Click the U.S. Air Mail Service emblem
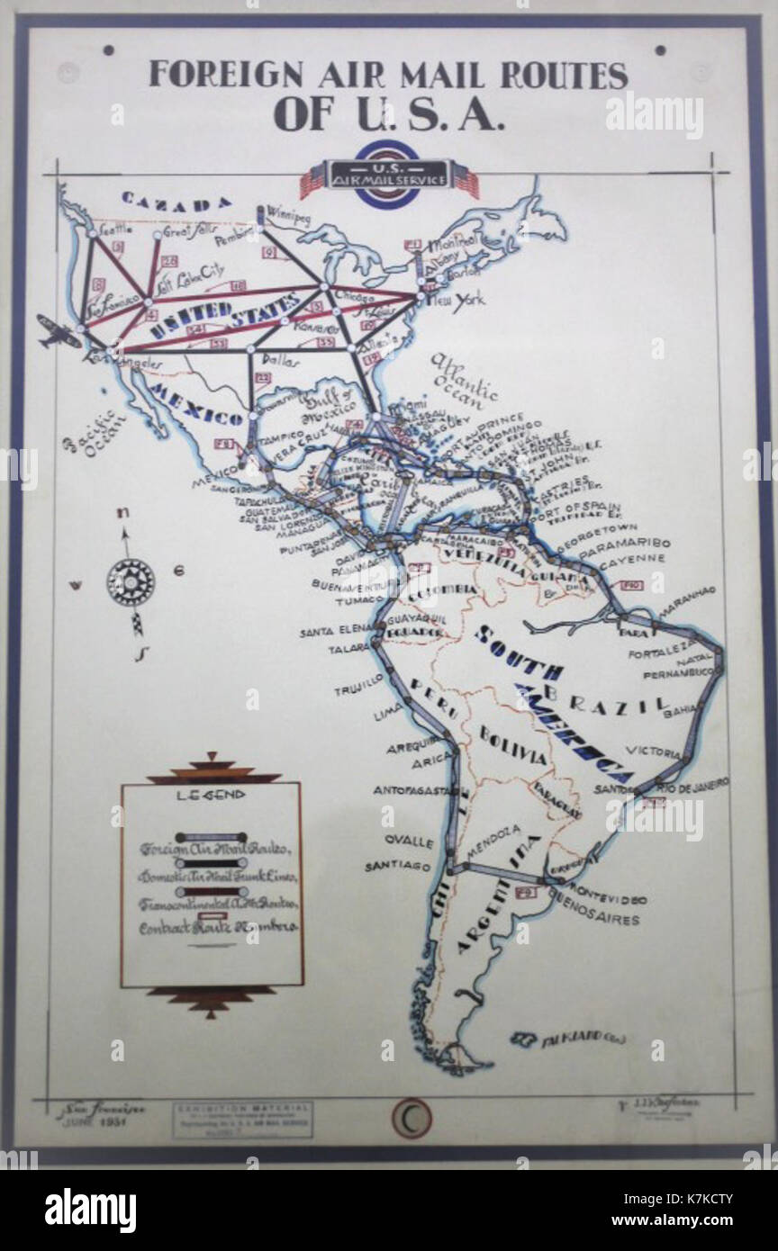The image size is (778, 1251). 389,175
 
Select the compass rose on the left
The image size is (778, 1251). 131,581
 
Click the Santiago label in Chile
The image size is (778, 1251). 397,866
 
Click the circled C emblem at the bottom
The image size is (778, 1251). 411,1118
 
